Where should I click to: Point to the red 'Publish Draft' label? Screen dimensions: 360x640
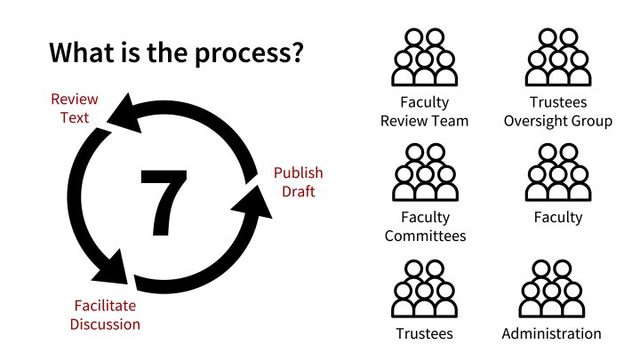point(298,181)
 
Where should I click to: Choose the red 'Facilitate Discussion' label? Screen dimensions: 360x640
point(107,316)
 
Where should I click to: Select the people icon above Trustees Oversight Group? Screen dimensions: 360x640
point(557,57)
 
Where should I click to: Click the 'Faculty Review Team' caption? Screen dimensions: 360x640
point(424,111)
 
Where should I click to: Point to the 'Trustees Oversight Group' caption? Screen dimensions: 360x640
point(557,111)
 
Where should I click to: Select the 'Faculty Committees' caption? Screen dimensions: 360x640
point(425,226)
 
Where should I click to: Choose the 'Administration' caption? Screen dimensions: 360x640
point(551,334)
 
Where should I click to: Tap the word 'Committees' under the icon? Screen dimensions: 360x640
point(425,236)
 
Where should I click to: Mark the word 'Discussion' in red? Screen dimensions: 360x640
point(107,324)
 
